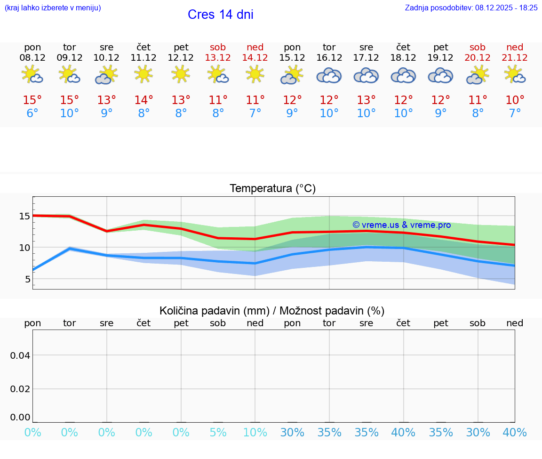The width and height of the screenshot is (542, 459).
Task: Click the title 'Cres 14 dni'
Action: pos(220,15)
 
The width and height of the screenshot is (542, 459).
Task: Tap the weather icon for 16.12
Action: pos(329,75)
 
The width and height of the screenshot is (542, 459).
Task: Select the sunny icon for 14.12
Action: pos(255,74)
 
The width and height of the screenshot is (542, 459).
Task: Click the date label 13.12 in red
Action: pos(218,58)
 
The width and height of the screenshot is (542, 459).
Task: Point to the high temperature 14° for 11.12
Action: pos(143,100)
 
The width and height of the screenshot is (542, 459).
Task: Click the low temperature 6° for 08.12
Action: pos(32,113)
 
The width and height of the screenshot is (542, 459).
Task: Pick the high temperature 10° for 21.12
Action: pos(515,100)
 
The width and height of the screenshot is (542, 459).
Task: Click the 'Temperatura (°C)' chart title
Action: pos(272,189)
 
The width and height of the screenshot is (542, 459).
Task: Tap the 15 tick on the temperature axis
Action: pos(24,216)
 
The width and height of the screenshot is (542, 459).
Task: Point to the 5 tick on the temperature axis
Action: pos(27,279)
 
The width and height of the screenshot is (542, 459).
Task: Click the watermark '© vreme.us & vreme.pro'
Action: pos(401,225)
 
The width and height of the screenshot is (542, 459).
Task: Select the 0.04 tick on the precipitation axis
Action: pos(20,355)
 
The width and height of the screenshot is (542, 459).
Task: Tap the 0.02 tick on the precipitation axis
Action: pos(20,389)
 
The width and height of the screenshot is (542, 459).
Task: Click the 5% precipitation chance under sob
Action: pos(218,432)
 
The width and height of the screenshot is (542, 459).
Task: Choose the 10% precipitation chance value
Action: pos(255,432)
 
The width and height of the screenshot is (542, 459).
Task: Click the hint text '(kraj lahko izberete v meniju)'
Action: pos(53,8)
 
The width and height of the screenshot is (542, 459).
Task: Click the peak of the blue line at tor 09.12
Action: pos(70,248)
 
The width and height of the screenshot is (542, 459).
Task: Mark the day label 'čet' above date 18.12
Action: pos(403,47)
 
